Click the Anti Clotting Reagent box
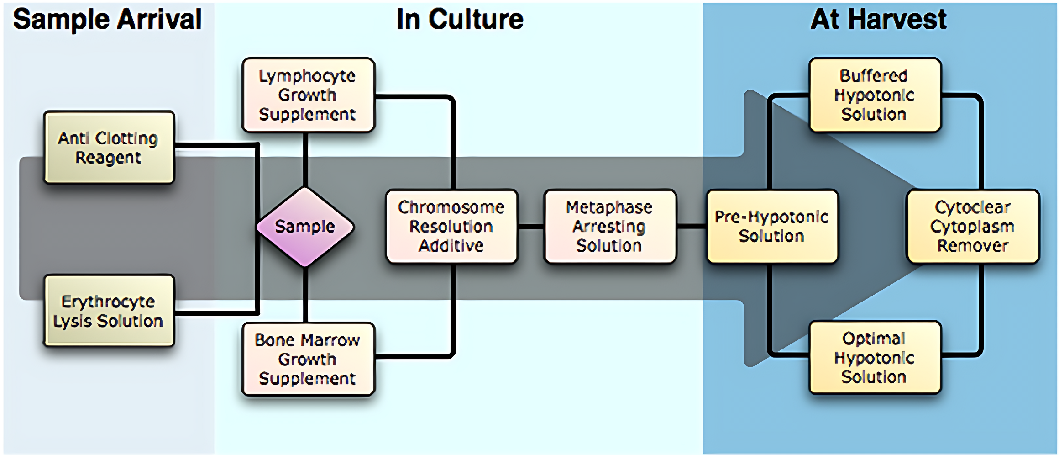click(x=109, y=147)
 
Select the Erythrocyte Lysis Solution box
click(x=109, y=311)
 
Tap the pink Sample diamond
click(x=305, y=227)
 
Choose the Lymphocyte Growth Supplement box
click(x=308, y=95)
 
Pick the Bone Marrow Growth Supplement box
click(x=308, y=359)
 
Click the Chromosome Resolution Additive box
click(x=451, y=227)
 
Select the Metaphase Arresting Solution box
click(x=609, y=227)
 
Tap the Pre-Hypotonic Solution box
click(x=771, y=227)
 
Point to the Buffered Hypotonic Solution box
click(x=874, y=95)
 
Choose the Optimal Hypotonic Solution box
click(x=874, y=358)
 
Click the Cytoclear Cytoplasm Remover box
click(x=972, y=227)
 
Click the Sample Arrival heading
click(x=107, y=19)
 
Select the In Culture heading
click(x=460, y=19)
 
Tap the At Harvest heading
click(x=878, y=19)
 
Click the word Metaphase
click(x=609, y=207)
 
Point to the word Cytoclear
click(x=972, y=207)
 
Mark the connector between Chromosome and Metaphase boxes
click(x=531, y=227)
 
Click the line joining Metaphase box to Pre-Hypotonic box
click(x=691, y=227)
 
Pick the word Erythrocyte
click(x=109, y=302)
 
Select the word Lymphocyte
click(x=307, y=76)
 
